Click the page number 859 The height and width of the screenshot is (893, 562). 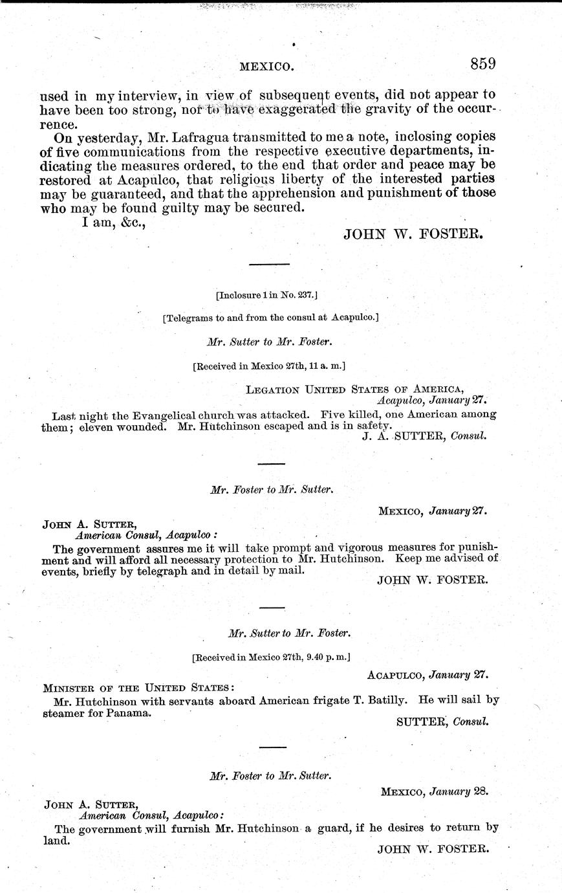482,64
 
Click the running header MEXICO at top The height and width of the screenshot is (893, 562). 267,66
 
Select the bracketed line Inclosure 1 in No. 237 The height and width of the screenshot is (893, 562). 266,294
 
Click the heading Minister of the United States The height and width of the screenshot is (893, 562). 138,687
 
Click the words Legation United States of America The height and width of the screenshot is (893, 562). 354,389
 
